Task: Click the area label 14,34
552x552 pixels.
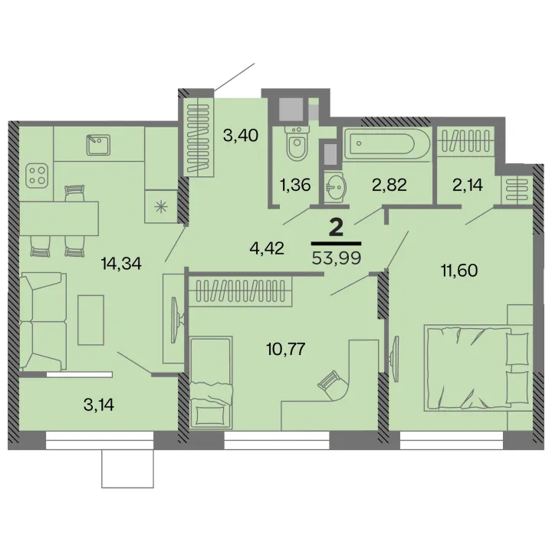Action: (121, 263)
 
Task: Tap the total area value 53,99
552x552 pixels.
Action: (337, 258)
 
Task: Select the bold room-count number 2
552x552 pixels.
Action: (336, 228)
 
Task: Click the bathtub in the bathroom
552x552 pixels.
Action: (387, 143)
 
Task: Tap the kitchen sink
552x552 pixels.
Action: (99, 145)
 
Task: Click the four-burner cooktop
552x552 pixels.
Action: (37, 176)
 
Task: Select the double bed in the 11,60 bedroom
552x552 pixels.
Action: (478, 367)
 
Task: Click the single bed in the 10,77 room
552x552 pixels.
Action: (212, 383)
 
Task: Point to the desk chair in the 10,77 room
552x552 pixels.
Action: (332, 384)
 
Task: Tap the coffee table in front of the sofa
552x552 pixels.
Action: (90, 320)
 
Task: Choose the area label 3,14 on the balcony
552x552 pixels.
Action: (99, 406)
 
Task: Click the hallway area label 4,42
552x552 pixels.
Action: (267, 248)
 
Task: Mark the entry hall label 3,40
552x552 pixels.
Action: (241, 135)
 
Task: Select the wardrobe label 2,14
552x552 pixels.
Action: (468, 185)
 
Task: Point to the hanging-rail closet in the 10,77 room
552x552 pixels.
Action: (241, 291)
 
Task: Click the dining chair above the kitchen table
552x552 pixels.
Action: (75, 193)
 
